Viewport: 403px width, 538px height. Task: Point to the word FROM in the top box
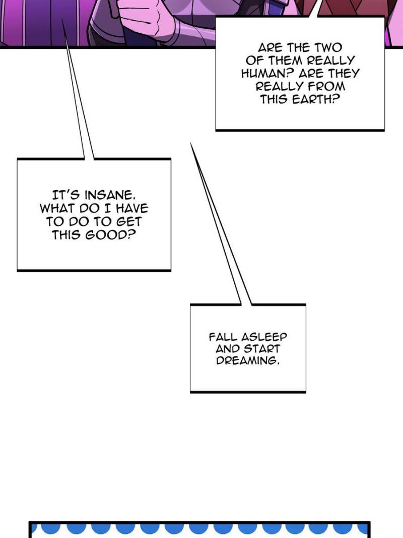coord(326,86)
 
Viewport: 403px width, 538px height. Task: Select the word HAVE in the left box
coord(131,208)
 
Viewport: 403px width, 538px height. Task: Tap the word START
coord(262,349)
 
